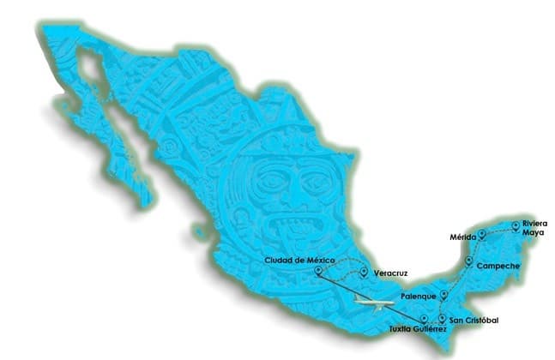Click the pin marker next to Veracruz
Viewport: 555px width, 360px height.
(365, 273)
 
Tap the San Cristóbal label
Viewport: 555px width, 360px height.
(474, 321)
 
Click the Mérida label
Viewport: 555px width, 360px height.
(463, 237)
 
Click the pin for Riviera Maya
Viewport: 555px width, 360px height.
(515, 226)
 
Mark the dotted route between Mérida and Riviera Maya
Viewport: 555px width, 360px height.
(498, 227)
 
